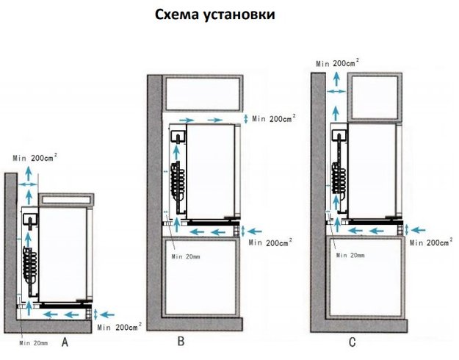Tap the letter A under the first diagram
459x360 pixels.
[65, 342]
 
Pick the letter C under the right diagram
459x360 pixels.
[353, 342]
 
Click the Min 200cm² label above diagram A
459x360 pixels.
[36, 157]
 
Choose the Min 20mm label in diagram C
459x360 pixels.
[348, 254]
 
